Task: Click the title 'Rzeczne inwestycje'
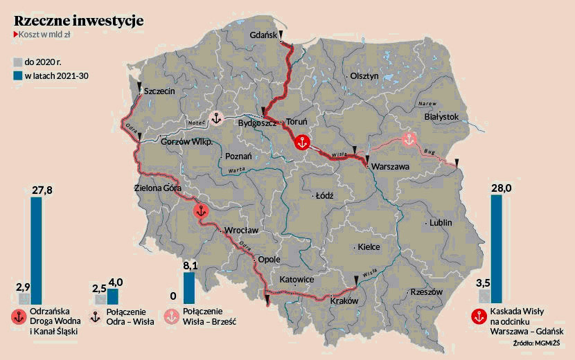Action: [78, 21]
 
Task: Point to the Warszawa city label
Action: [391, 168]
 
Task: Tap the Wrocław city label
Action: [241, 230]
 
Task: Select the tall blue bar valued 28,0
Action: [496, 249]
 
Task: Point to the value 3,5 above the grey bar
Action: [484, 282]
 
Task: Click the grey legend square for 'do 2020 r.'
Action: [17, 62]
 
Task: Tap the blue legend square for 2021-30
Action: [17, 75]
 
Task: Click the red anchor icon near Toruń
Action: [301, 143]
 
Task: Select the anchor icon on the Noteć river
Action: [215, 119]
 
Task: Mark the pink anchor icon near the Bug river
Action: [409, 139]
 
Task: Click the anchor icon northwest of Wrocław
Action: [200, 212]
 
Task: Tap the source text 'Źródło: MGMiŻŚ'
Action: [538, 343]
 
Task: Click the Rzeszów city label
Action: [426, 292]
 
